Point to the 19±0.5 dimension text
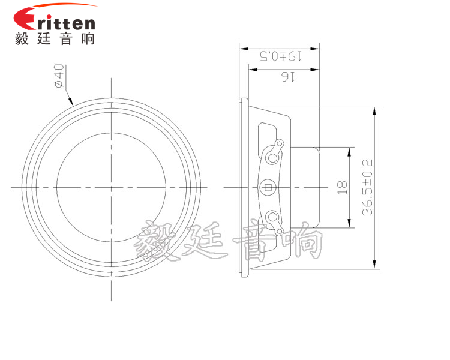tap(280, 57)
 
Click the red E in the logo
tap(26, 21)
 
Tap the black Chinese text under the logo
tap(55, 39)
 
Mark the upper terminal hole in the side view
tap(274, 158)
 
